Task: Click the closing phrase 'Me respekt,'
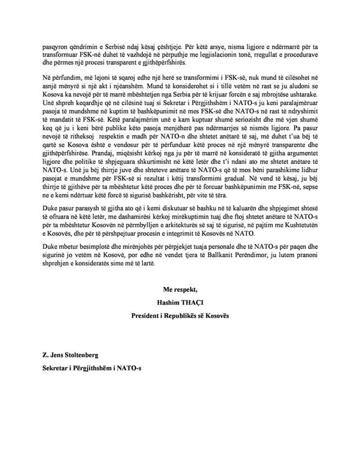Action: [x=180, y=290]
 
